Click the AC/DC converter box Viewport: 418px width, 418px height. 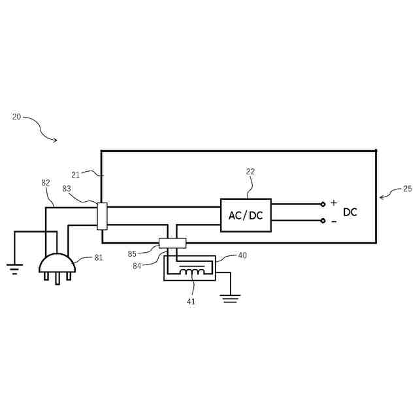coord(246,215)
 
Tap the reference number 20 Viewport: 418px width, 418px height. coord(16,117)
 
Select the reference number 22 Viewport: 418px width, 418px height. coord(250,172)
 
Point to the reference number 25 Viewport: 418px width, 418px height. coord(407,189)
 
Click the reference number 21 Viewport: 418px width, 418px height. coord(76,175)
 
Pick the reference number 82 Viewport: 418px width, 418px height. coord(46,183)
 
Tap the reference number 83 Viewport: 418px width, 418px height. coord(67,189)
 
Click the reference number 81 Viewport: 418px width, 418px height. coord(99,258)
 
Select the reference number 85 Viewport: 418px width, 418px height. coord(132,254)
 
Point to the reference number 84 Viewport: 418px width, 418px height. coord(137,266)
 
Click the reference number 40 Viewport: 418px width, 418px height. coord(242,255)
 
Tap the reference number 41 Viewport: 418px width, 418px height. coord(191,302)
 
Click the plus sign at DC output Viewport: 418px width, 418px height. coord(334,203)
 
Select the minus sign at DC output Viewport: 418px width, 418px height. coord(334,221)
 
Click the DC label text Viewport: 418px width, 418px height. coord(350,212)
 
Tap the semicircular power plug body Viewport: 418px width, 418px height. coord(57,264)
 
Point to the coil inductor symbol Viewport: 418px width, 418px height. coord(191,271)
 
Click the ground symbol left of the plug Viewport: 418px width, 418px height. coord(14,268)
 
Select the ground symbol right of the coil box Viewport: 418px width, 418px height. coord(230,299)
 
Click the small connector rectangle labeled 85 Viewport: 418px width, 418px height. coord(172,243)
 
